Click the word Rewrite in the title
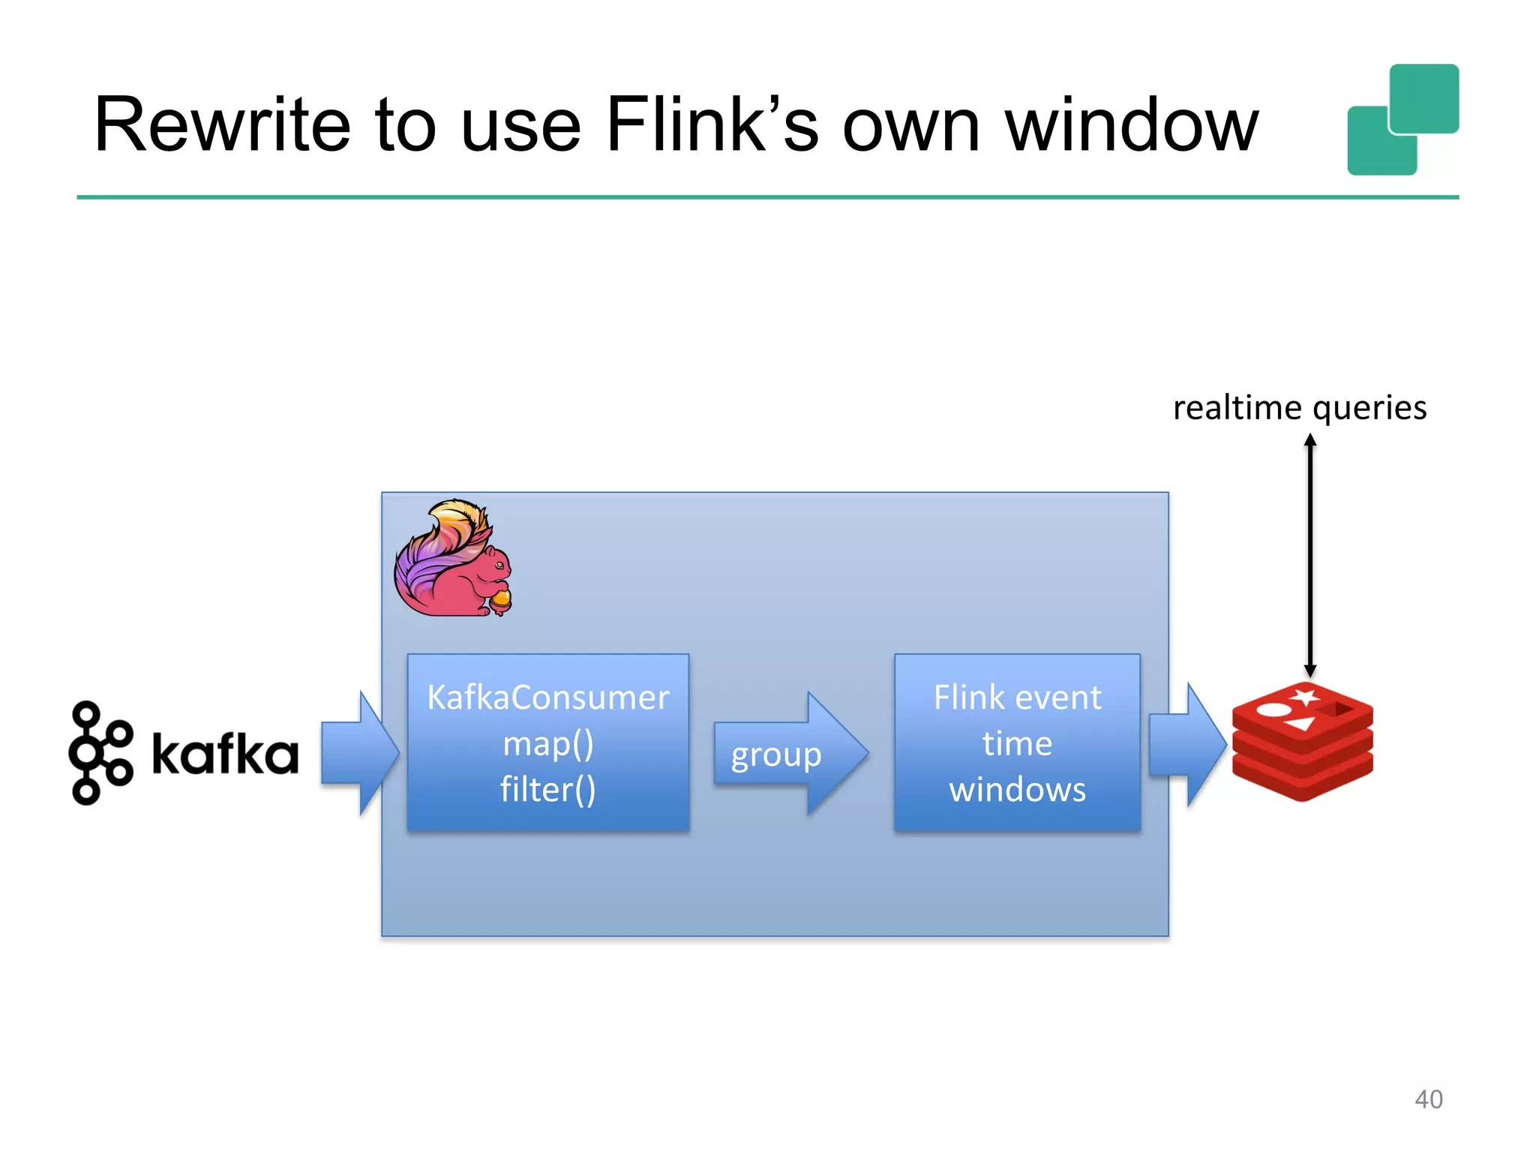(222, 125)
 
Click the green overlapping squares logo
(1402, 120)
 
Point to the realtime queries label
(1299, 408)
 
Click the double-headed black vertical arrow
(1309, 555)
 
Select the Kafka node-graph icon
(100, 752)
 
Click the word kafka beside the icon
(224, 754)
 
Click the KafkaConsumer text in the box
(547, 697)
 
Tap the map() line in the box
(547, 744)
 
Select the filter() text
(547, 790)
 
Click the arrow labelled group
(787, 754)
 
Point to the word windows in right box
(1017, 790)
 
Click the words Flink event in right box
(1017, 697)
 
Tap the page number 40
(1428, 1099)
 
